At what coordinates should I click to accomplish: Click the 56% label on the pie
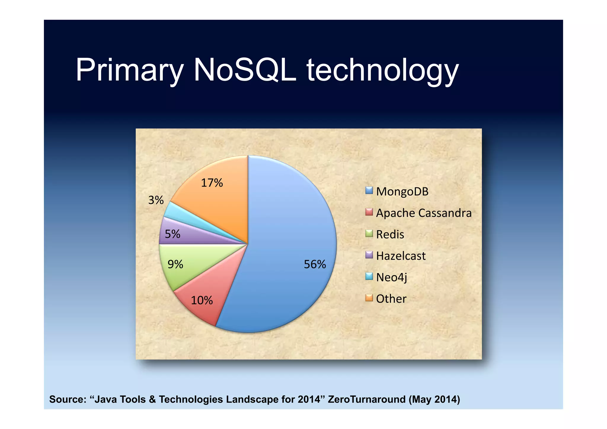(315, 264)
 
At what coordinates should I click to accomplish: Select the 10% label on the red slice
(202, 300)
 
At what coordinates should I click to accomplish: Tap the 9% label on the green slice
(175, 264)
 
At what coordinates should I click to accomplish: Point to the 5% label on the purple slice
(172, 234)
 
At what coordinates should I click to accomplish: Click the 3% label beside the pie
(156, 200)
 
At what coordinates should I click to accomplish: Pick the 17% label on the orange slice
(212, 183)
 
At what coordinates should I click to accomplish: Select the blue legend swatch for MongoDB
(369, 190)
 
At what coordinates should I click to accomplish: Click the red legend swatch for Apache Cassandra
(369, 212)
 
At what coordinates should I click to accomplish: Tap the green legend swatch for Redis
(369, 233)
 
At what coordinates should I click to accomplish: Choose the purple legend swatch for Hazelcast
(369, 255)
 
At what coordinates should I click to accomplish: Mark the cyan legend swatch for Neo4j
(369, 276)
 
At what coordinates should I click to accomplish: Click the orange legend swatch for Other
(369, 298)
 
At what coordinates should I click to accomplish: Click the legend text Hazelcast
(401, 256)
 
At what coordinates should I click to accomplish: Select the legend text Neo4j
(392, 278)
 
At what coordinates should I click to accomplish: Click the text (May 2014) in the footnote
(434, 399)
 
